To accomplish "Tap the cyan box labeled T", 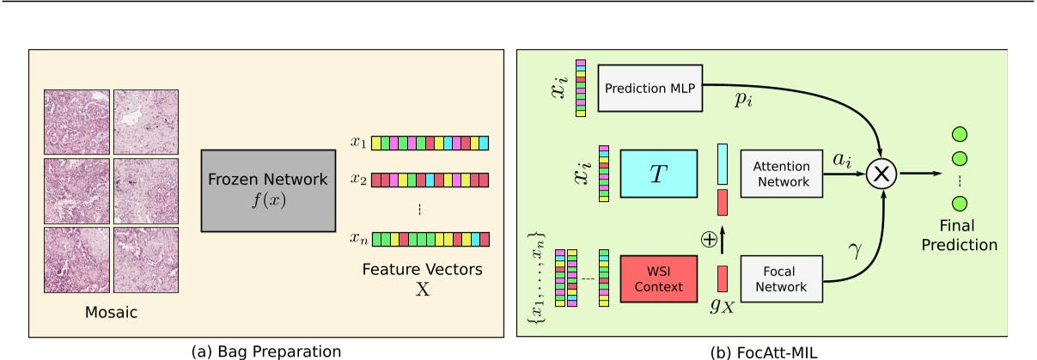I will point(657,174).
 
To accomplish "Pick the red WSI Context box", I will point(658,278).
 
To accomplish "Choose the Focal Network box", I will point(782,278).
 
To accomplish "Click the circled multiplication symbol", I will point(881,174).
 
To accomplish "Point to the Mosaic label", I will point(111,314).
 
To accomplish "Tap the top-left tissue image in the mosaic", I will point(76,121).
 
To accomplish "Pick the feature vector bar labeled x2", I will point(430,180).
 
